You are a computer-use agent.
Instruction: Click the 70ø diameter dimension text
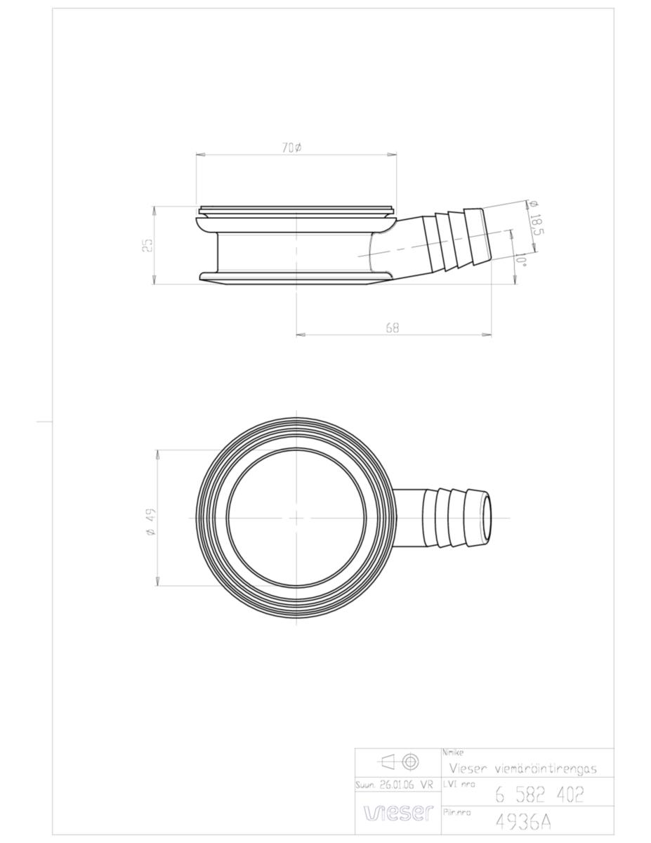pyautogui.click(x=292, y=148)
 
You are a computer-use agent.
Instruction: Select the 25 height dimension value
pyautogui.click(x=147, y=245)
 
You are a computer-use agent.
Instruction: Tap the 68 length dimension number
pyautogui.click(x=392, y=327)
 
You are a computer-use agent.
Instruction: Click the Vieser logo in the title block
pyautogui.click(x=397, y=813)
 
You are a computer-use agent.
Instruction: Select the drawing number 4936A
pyautogui.click(x=522, y=821)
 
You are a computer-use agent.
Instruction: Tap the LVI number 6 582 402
pyautogui.click(x=539, y=794)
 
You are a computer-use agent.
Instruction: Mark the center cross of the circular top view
pyautogui.click(x=296, y=518)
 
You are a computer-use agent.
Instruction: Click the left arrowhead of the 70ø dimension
pyautogui.click(x=199, y=155)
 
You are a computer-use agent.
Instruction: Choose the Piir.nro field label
pyautogui.click(x=458, y=811)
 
